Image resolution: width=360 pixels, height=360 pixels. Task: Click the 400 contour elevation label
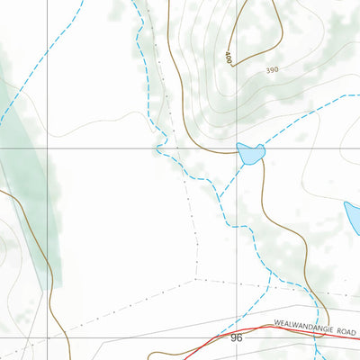tap(229, 58)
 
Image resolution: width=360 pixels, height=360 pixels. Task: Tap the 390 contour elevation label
tap(273, 69)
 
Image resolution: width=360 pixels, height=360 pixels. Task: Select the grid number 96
tap(237, 337)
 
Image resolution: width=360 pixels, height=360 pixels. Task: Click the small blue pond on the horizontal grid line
tap(249, 154)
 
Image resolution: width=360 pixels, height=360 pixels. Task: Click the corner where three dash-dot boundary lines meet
tap(197, 280)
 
